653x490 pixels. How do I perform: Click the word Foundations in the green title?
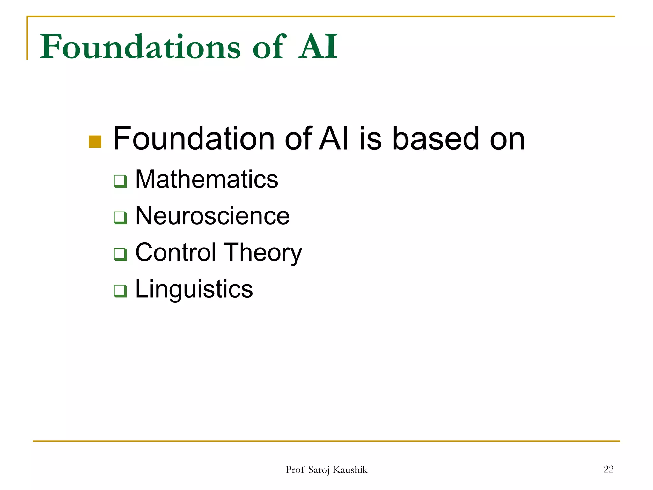pyautogui.click(x=140, y=47)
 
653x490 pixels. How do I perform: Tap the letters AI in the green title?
pyautogui.click(x=318, y=47)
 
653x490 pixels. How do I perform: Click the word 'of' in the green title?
pyautogui.click(x=269, y=47)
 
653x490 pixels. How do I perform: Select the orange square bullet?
pyautogui.click(x=95, y=142)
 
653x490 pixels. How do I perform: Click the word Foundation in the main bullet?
pyautogui.click(x=194, y=139)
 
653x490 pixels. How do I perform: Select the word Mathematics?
pyautogui.click(x=207, y=179)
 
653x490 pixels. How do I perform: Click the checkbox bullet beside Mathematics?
pyautogui.click(x=120, y=181)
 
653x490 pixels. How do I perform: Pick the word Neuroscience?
pyautogui.click(x=212, y=216)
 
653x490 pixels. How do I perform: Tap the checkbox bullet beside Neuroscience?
pyautogui.click(x=120, y=218)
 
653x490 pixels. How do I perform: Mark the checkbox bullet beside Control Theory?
pyautogui.click(x=120, y=254)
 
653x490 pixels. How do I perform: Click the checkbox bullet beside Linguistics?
pyautogui.click(x=120, y=291)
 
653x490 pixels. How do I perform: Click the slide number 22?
pyautogui.click(x=608, y=469)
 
